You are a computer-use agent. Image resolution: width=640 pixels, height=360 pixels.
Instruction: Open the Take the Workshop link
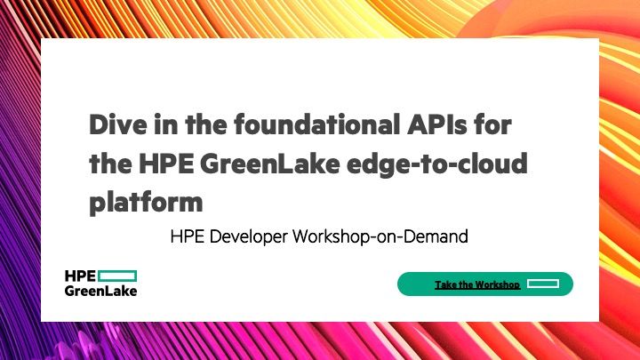[x=476, y=284]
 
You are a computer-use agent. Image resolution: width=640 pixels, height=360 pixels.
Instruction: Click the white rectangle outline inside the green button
[x=541, y=284]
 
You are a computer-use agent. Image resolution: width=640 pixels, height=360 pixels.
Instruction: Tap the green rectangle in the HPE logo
[x=117, y=276]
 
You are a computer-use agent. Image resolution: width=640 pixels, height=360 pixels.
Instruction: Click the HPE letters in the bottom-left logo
[x=80, y=276]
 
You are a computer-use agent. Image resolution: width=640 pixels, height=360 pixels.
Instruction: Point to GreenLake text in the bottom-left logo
[x=101, y=291]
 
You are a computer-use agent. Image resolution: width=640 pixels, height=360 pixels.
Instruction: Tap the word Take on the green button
[x=444, y=284]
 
